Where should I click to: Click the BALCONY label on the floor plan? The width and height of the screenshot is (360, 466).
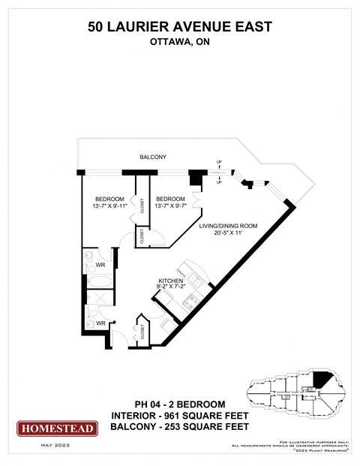(x=152, y=157)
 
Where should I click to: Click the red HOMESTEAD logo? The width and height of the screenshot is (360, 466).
(x=57, y=428)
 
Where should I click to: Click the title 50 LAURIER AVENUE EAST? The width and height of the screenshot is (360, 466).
(x=179, y=27)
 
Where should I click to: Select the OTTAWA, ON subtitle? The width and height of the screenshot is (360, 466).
(x=179, y=43)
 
